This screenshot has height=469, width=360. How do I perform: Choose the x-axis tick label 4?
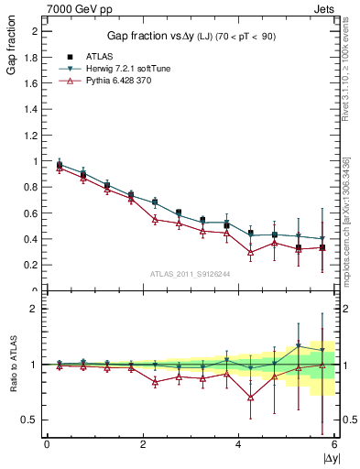(239, 444)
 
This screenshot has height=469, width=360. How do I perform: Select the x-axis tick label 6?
(334, 444)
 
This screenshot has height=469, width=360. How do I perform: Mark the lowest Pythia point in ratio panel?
(251, 397)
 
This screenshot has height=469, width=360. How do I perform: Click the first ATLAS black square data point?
(60, 166)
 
